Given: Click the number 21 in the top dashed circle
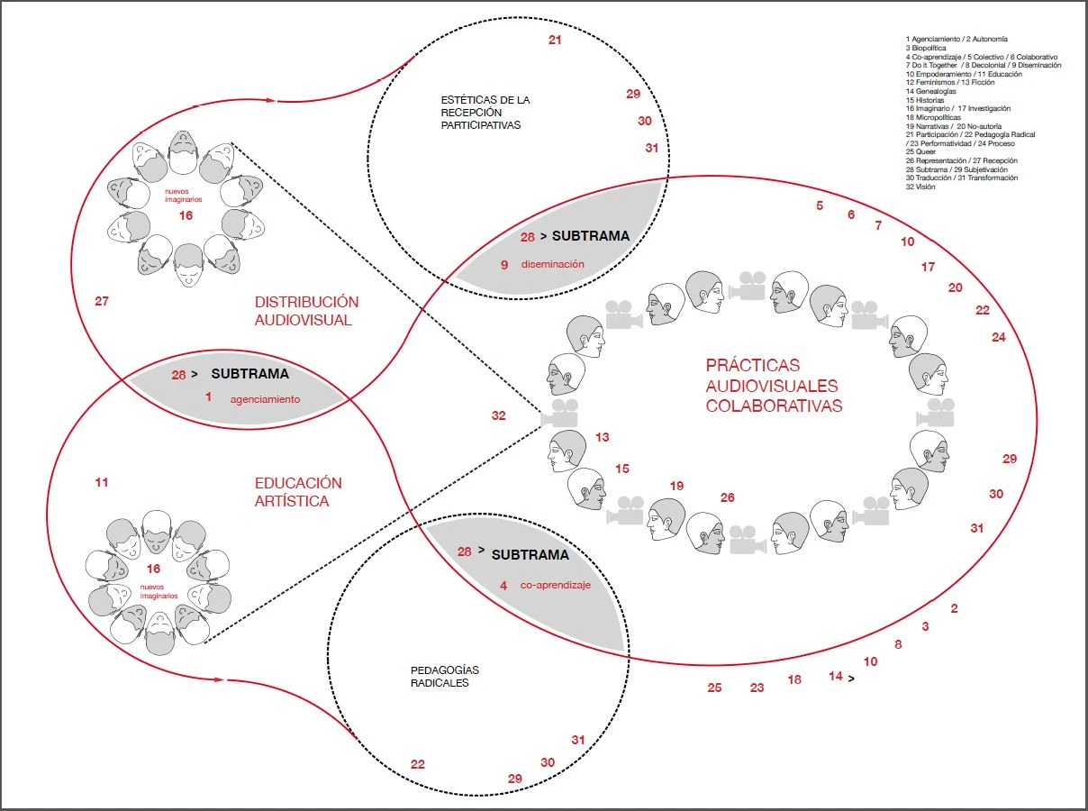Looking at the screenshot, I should [x=555, y=40].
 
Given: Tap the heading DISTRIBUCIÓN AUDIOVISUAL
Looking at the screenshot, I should [x=306, y=311].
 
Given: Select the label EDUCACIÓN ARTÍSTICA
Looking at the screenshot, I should [x=298, y=492].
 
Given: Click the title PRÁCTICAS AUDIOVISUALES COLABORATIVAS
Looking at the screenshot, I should [x=774, y=386].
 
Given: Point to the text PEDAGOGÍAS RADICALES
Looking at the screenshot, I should [x=445, y=677].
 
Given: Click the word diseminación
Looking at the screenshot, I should [x=552, y=264].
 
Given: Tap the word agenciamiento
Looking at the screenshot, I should [x=265, y=398].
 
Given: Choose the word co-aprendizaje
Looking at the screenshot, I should [x=555, y=585].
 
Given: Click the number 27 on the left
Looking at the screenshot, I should [x=102, y=301].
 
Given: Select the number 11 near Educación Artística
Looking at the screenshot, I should [x=102, y=483].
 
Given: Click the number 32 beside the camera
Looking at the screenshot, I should [x=498, y=416].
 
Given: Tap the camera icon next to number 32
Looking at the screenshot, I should [x=559, y=415].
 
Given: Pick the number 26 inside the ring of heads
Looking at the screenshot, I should [x=728, y=497].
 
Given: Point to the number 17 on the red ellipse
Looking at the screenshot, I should [x=928, y=267].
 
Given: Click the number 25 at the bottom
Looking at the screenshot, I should [x=714, y=688].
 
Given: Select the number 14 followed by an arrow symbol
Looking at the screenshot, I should [x=836, y=676].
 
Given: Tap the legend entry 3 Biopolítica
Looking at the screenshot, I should [x=926, y=48].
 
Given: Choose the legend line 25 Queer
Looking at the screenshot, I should [x=920, y=152].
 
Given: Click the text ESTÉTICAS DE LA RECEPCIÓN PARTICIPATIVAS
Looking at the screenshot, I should [x=485, y=113].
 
